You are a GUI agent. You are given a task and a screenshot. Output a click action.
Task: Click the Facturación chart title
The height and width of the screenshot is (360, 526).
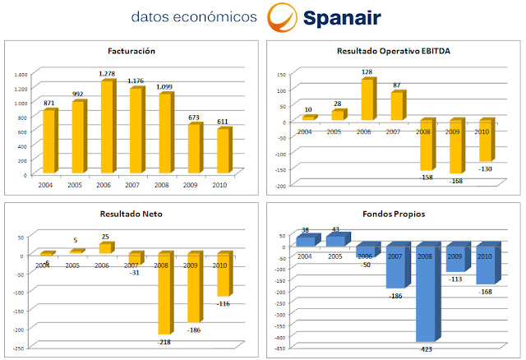(x=131, y=51)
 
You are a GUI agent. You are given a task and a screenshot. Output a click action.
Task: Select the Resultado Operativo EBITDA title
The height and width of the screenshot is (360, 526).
(x=394, y=51)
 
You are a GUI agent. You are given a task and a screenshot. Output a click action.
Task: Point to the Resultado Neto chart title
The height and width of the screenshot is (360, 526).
(x=131, y=213)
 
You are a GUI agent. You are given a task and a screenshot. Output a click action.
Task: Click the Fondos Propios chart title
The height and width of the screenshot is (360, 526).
(x=394, y=213)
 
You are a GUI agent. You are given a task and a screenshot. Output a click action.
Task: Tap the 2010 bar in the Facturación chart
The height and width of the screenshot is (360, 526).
(x=223, y=152)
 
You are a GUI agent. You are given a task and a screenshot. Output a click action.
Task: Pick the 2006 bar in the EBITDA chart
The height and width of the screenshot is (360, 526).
(x=367, y=99)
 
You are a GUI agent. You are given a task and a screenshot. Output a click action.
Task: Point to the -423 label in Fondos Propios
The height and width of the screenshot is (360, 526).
(x=426, y=348)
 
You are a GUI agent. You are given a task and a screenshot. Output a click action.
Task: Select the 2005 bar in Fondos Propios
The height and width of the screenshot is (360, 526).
(x=335, y=241)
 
